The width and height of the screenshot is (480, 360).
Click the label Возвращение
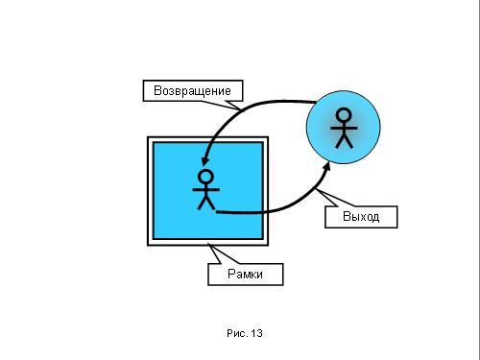pyautogui.click(x=192, y=90)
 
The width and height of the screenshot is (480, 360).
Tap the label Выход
pyautogui.click(x=361, y=217)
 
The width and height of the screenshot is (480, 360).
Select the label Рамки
pyautogui.click(x=245, y=274)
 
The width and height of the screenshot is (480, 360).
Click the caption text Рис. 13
pyautogui.click(x=245, y=333)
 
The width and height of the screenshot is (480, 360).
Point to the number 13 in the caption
pyautogui.click(x=256, y=333)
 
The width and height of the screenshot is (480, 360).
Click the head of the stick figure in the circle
pyautogui.click(x=344, y=115)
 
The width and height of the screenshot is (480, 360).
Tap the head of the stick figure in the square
pyautogui.click(x=205, y=177)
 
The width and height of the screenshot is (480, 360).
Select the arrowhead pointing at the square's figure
pyautogui.click(x=204, y=160)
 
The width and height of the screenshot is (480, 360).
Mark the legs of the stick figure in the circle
pyautogui.click(x=344, y=142)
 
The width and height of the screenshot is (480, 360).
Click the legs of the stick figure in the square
pyautogui.click(x=205, y=204)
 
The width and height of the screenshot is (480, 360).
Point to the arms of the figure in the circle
pyautogui.click(x=344, y=128)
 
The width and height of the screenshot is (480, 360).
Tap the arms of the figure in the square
pyautogui.click(x=205, y=190)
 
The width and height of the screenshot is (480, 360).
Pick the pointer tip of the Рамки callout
pyautogui.click(x=208, y=245)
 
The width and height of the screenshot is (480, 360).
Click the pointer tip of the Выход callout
pyautogui.click(x=316, y=190)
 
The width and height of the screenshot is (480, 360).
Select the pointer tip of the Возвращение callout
pyautogui.click(x=241, y=109)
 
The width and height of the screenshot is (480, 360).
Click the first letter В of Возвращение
pyautogui.click(x=157, y=90)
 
